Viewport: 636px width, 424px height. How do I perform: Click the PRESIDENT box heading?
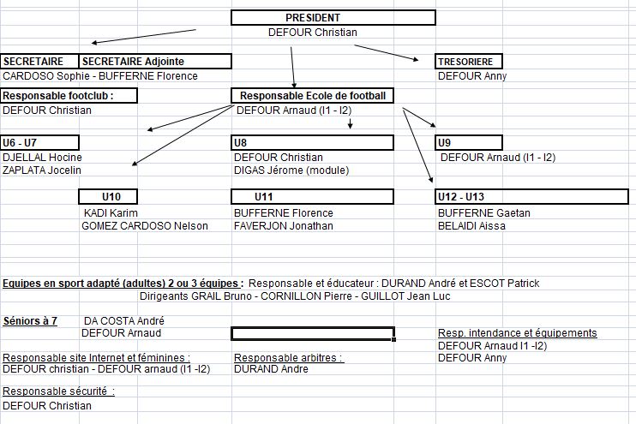(x=313, y=18)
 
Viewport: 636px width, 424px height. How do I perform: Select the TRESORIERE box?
(x=469, y=62)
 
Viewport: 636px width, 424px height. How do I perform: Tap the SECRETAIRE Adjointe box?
(x=155, y=61)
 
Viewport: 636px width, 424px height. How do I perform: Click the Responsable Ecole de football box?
(x=312, y=96)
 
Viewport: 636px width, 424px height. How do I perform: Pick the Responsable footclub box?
(x=69, y=96)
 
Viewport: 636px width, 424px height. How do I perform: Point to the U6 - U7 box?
(x=39, y=143)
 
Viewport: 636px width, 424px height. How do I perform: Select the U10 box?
(x=108, y=197)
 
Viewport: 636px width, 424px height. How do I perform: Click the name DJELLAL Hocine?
(x=42, y=158)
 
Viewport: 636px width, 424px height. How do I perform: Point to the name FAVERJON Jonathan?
(x=284, y=226)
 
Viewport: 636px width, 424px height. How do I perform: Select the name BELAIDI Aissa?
(x=471, y=226)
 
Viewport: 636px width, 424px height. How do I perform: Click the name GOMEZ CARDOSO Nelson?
(x=145, y=226)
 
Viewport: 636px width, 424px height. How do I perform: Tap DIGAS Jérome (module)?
(x=291, y=170)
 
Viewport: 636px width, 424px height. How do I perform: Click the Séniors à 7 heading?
(x=30, y=321)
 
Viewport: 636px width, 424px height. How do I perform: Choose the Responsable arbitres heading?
(x=289, y=358)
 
